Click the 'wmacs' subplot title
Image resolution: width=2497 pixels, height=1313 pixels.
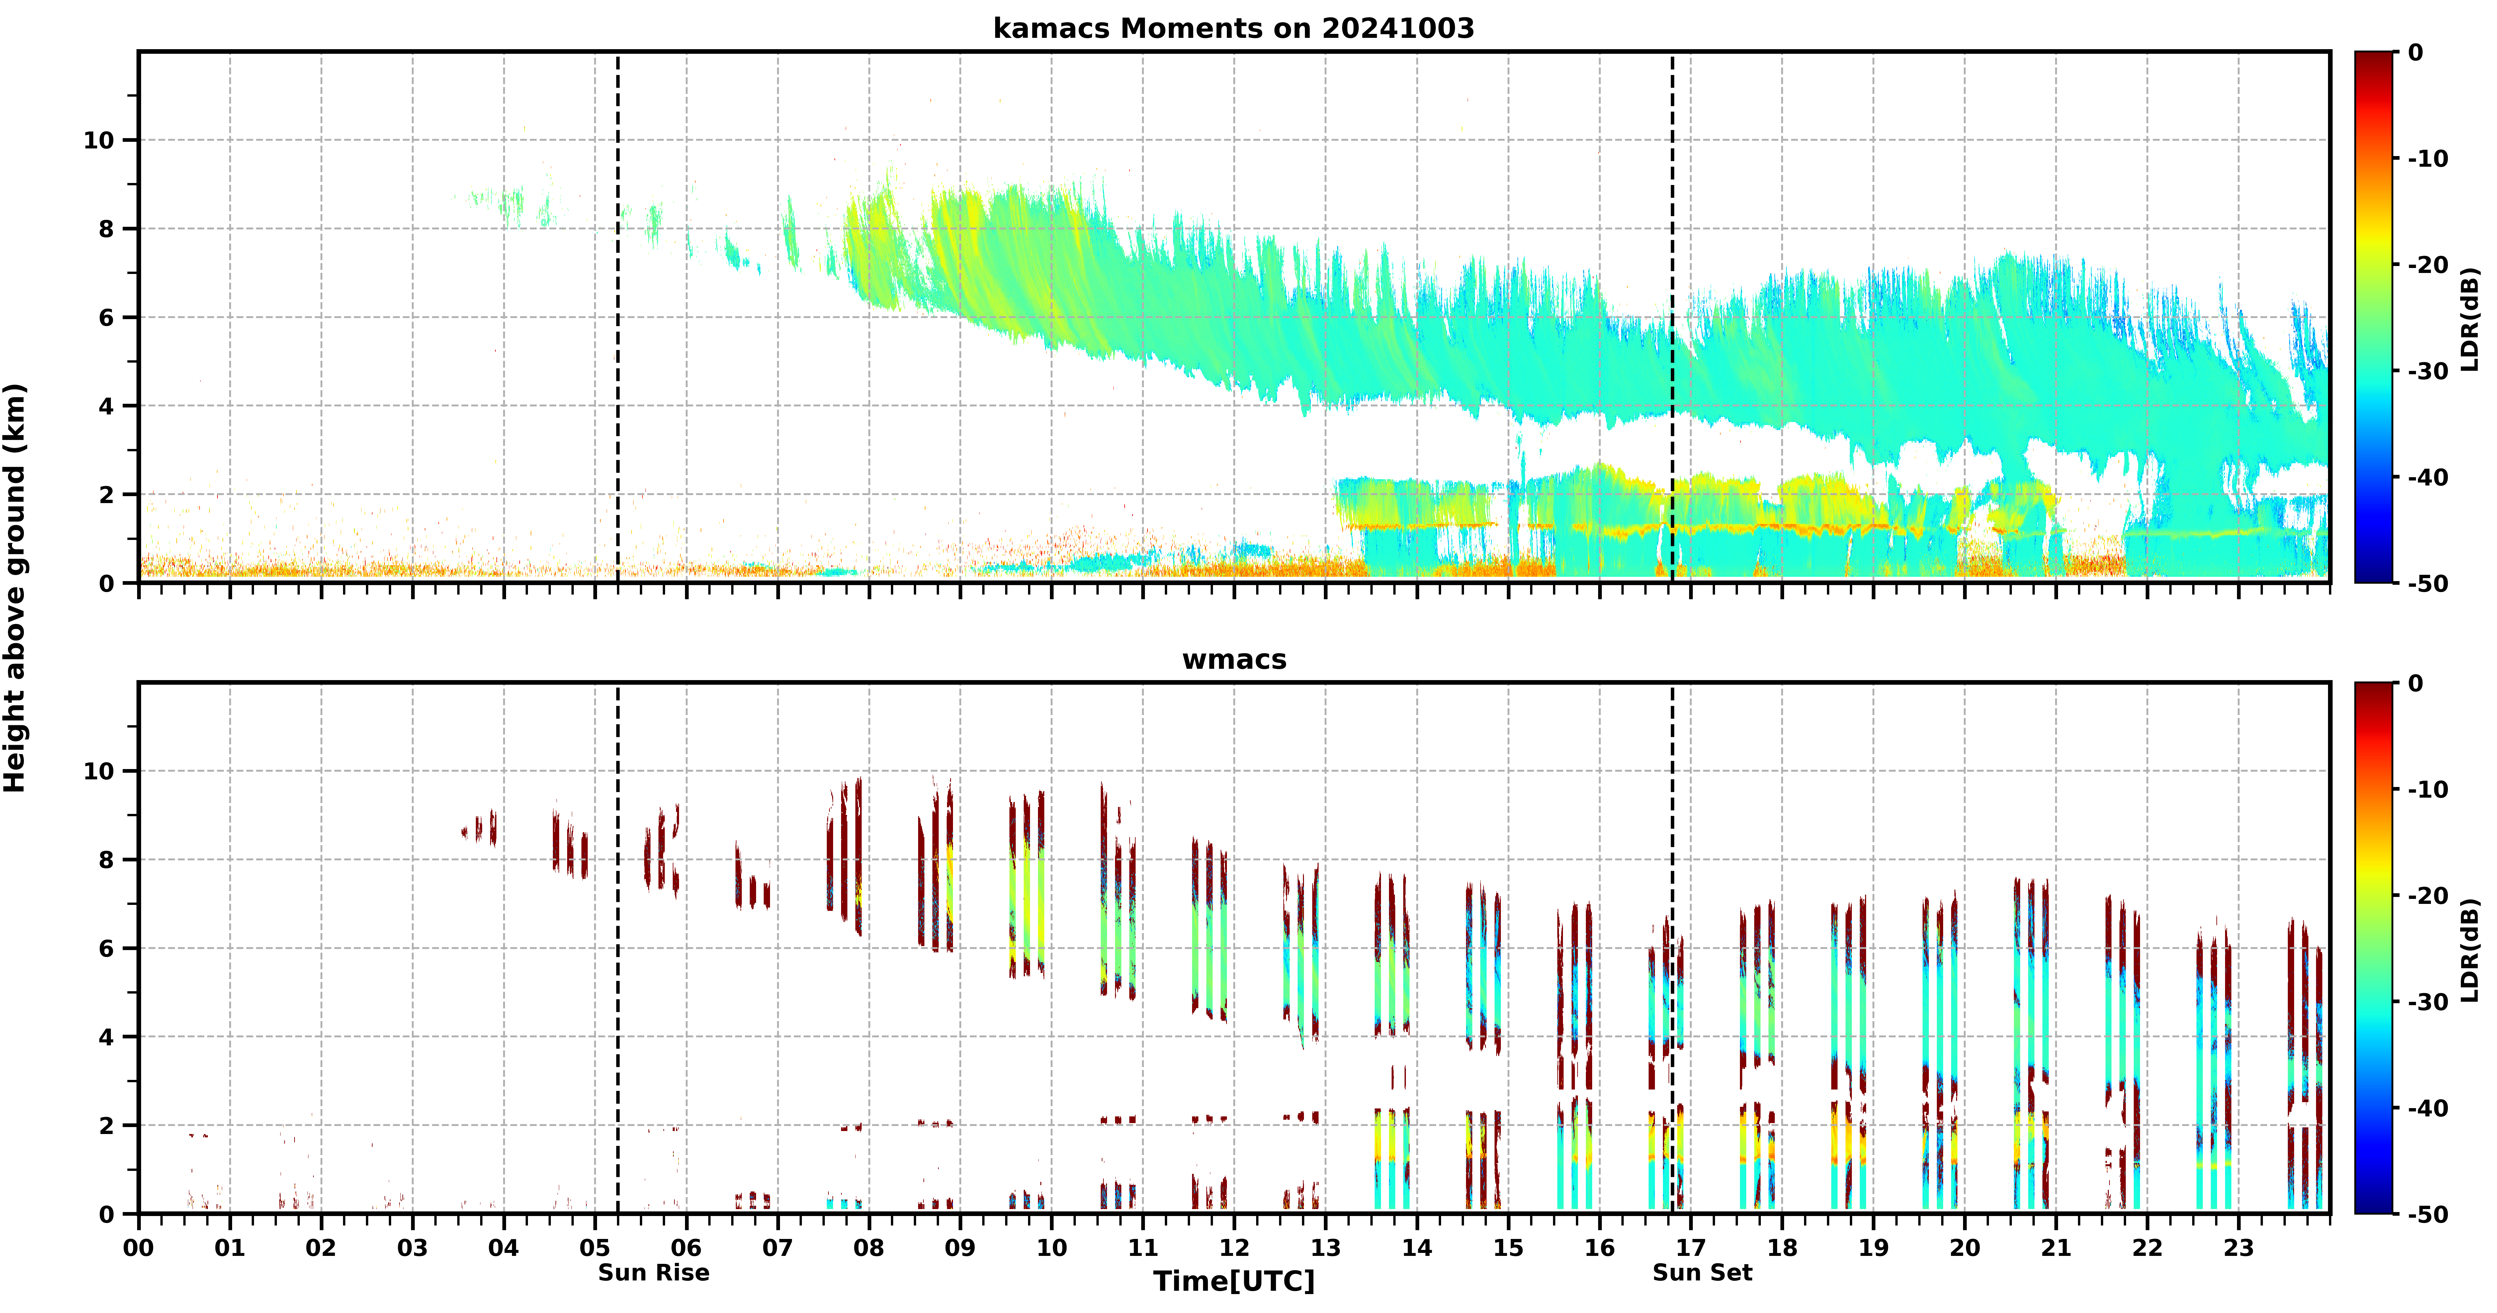1234,659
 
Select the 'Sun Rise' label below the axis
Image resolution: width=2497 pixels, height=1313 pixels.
653,1272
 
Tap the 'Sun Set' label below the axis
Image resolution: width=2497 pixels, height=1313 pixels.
1702,1272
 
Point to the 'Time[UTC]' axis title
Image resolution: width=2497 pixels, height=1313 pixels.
1234,1281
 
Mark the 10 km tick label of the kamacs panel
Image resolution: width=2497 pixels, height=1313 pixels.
99,140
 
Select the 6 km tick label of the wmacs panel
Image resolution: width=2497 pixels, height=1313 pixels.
107,948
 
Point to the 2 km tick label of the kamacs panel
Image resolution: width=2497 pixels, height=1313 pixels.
107,494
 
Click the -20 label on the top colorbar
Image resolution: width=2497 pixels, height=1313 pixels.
2428,265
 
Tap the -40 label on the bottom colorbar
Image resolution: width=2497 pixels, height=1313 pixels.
2428,1108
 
